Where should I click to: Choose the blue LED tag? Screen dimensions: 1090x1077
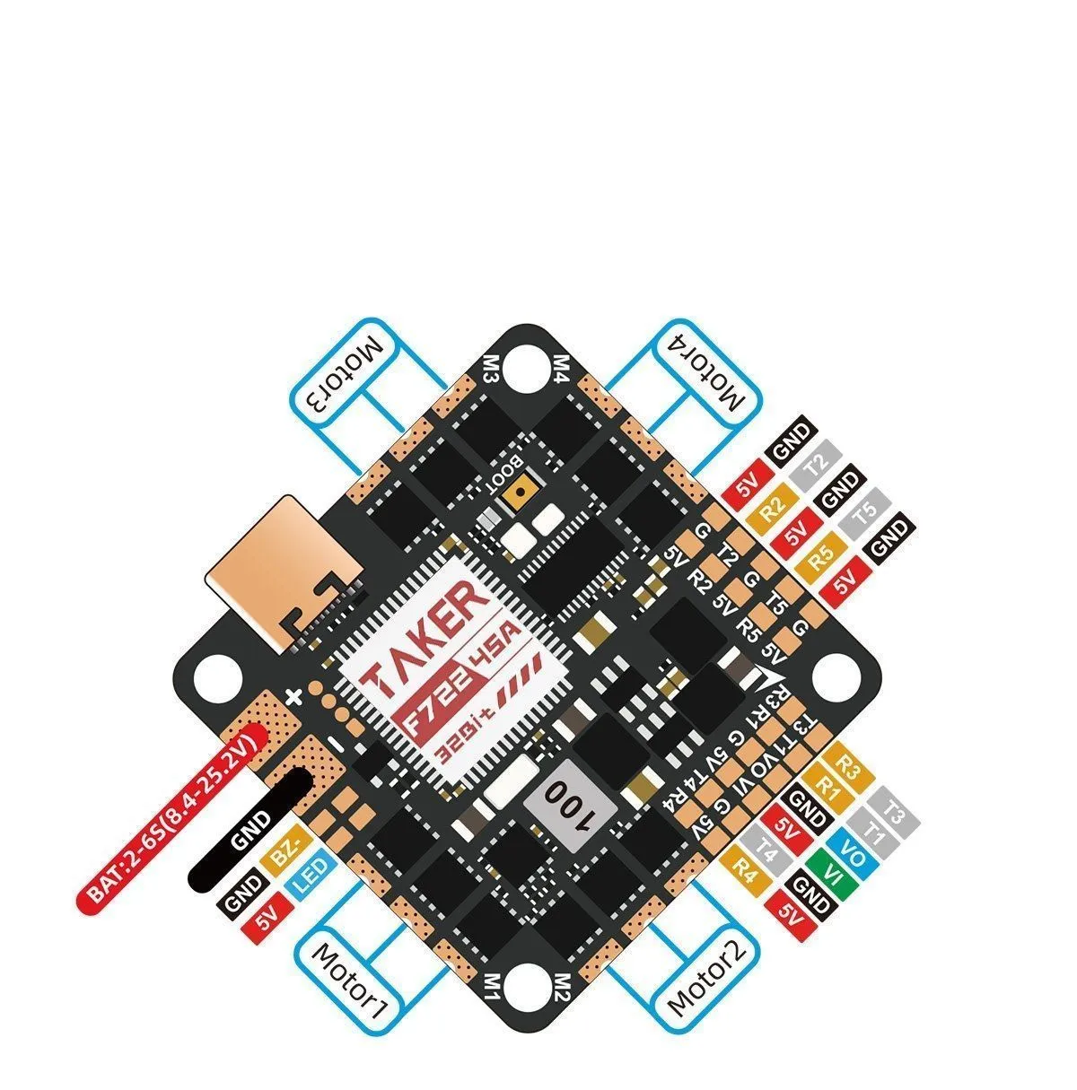coord(311,878)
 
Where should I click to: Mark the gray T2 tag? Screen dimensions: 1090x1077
coord(815,466)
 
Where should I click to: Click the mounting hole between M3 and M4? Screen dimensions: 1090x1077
coord(523,365)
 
